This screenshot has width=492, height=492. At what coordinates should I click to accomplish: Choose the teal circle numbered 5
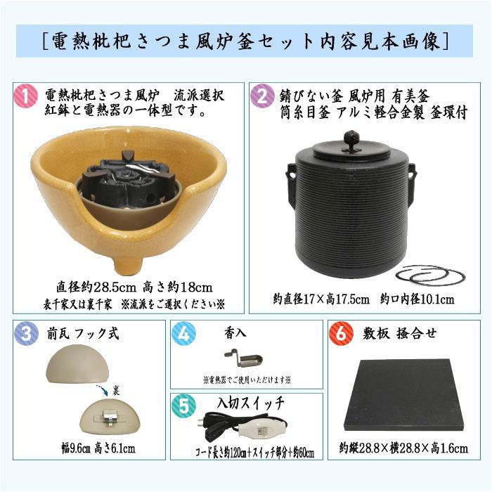pos(185,406)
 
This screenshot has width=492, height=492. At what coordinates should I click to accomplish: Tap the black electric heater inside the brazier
pos(130,179)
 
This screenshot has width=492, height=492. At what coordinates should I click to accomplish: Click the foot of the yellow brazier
pos(129,264)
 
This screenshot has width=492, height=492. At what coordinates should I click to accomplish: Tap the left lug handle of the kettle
pos(290,174)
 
